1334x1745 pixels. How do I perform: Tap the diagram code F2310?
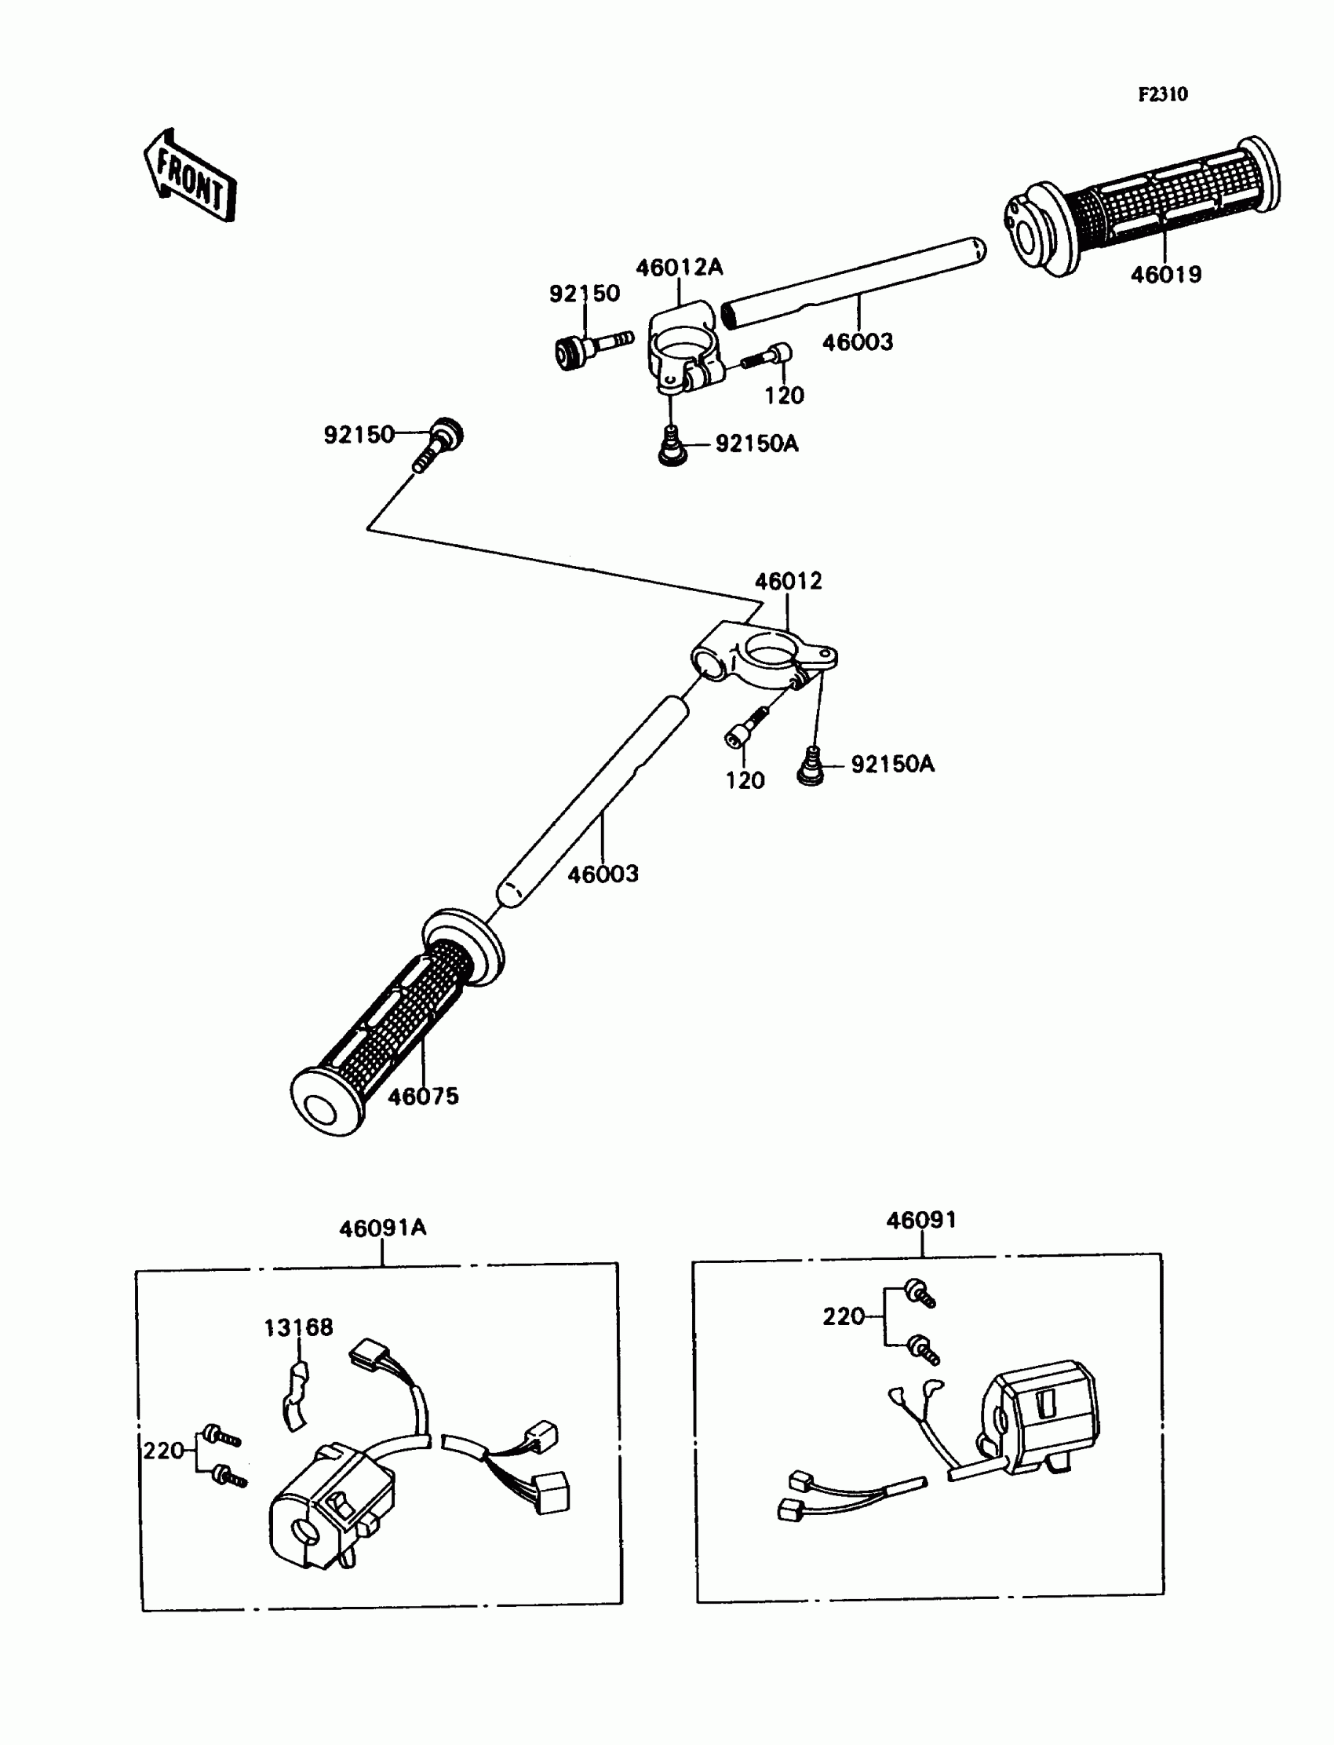(x=1162, y=94)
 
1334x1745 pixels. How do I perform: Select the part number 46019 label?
(x=1165, y=275)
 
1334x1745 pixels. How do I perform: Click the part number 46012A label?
(x=679, y=267)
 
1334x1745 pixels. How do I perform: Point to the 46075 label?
(x=423, y=1096)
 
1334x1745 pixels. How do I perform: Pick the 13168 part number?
(x=298, y=1327)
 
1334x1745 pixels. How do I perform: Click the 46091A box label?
(x=383, y=1228)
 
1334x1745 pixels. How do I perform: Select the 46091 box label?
(x=921, y=1220)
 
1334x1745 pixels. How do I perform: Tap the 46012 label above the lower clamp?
(x=788, y=582)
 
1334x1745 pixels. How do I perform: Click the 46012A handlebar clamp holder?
(x=684, y=349)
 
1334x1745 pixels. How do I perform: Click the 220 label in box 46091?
(x=844, y=1316)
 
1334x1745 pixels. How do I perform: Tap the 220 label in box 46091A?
(x=163, y=1451)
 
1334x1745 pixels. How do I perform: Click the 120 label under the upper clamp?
(x=784, y=395)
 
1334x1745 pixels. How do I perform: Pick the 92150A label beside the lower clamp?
(x=892, y=764)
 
